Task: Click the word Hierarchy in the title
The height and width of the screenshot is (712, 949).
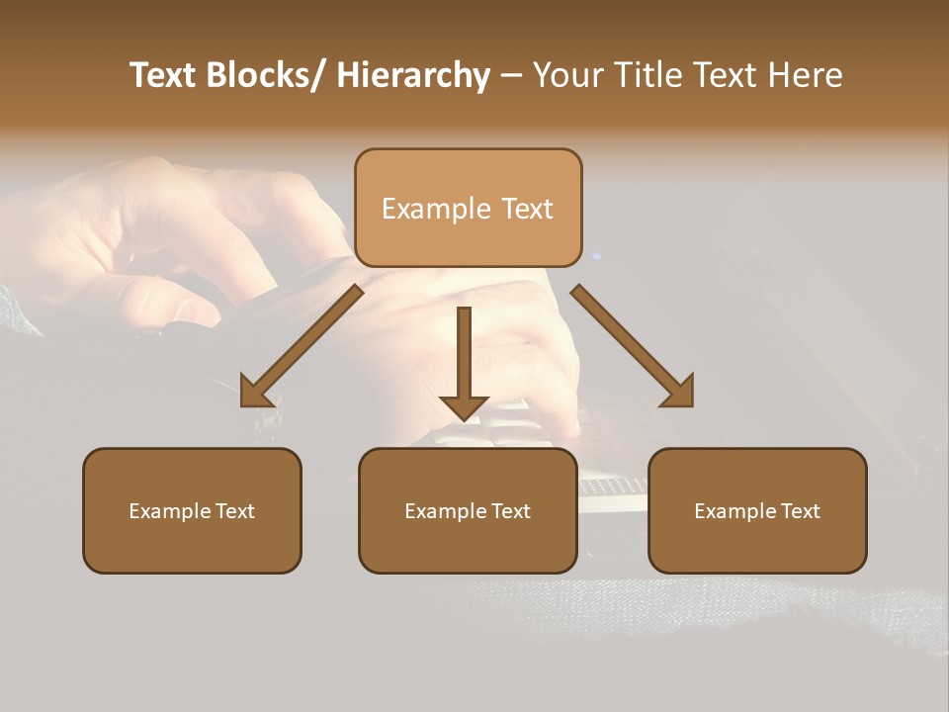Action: [x=413, y=75]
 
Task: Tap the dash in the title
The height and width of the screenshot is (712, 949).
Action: [x=511, y=75]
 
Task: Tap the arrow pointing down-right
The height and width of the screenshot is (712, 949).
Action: [x=633, y=345]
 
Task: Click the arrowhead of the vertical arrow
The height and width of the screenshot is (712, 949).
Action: [x=464, y=405]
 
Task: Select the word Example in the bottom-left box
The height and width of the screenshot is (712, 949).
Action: [x=170, y=511]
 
